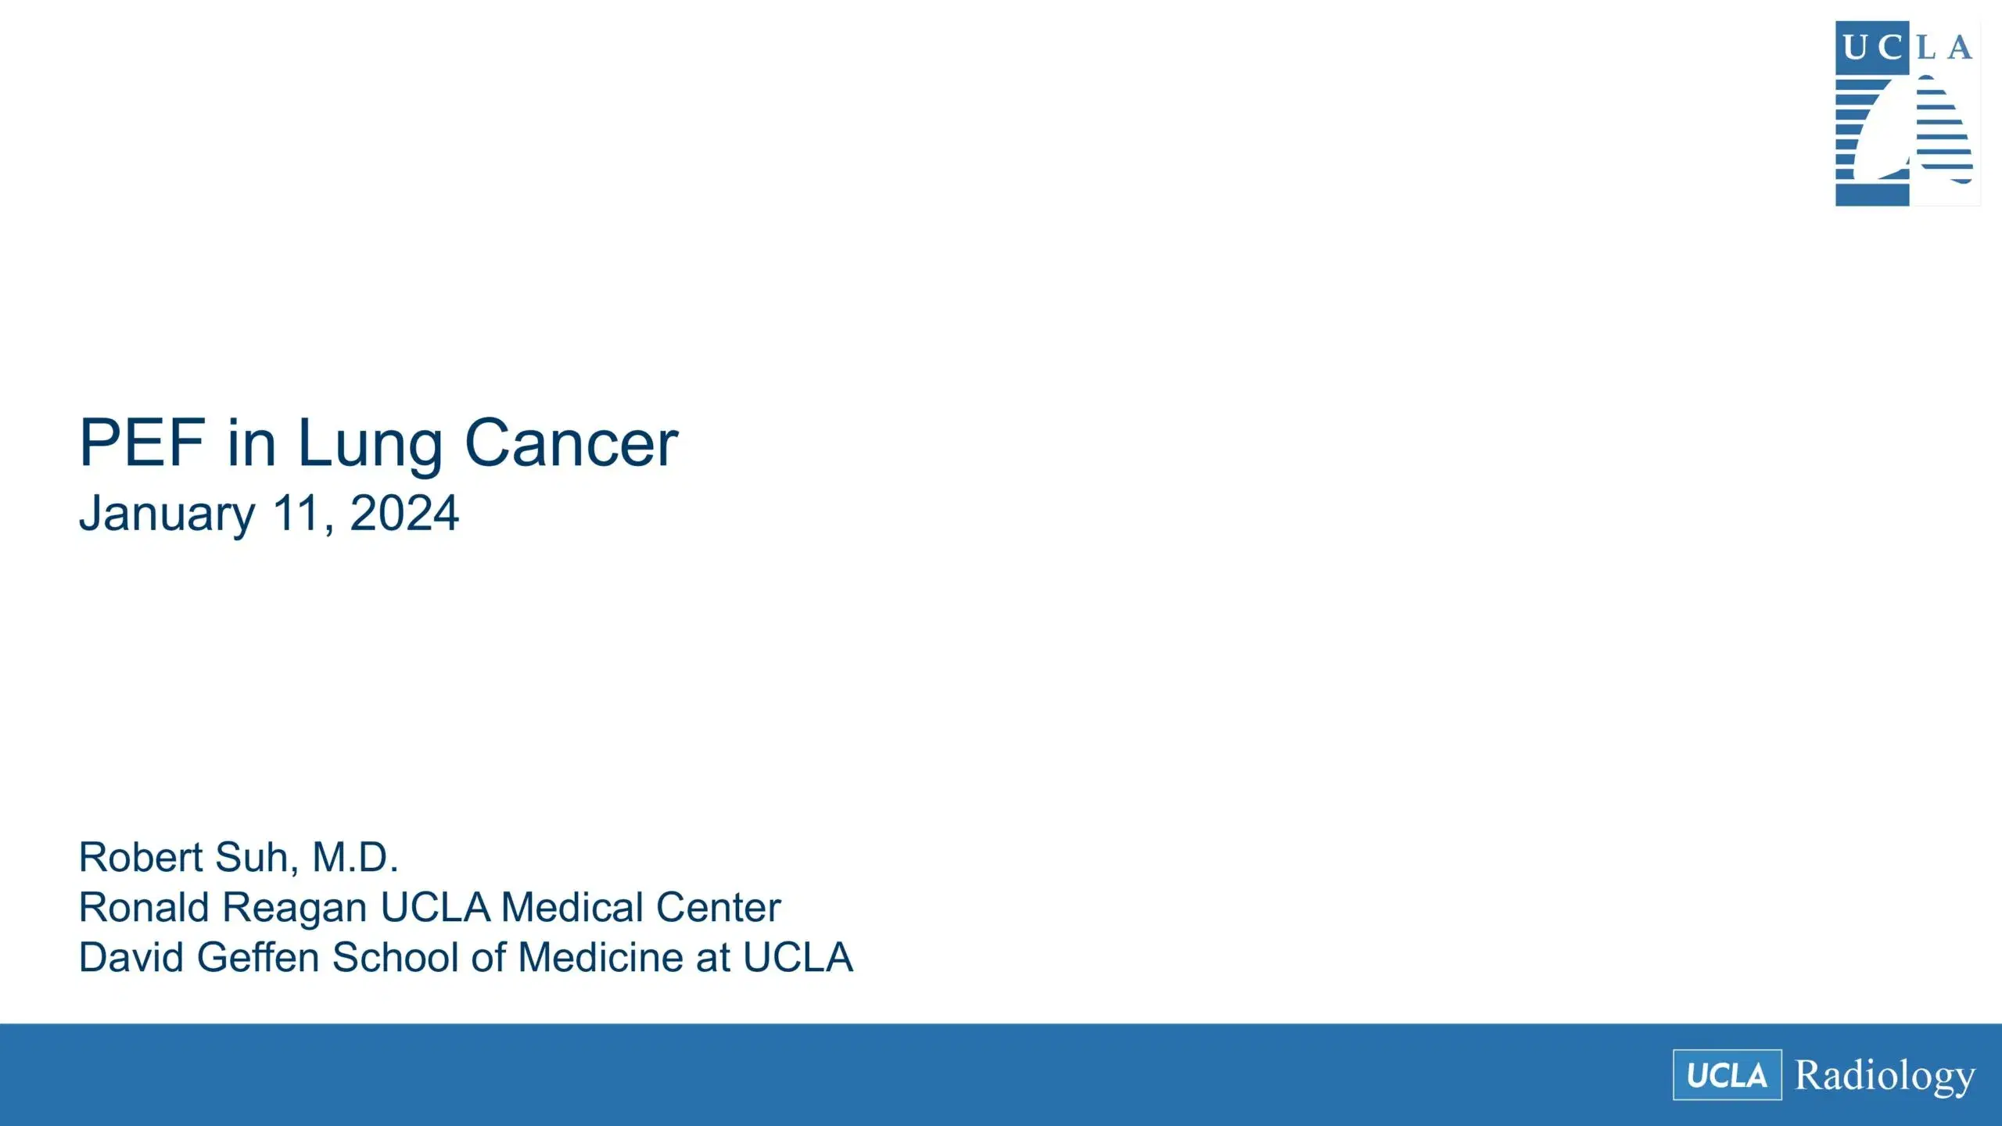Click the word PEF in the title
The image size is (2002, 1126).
point(142,443)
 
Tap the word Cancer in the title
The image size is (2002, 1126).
point(571,443)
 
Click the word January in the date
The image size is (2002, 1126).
point(167,515)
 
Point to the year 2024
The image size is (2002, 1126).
point(404,514)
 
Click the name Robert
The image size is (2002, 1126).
point(142,857)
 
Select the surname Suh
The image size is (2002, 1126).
point(255,857)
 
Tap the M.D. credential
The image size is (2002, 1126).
point(356,857)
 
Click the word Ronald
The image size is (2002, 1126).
point(144,907)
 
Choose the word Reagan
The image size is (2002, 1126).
point(295,909)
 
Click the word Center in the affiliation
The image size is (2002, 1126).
point(718,907)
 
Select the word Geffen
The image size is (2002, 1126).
point(258,957)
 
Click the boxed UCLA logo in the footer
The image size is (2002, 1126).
point(1727,1075)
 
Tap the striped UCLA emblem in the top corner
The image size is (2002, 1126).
point(1907,114)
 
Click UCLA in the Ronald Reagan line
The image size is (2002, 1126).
point(435,907)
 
